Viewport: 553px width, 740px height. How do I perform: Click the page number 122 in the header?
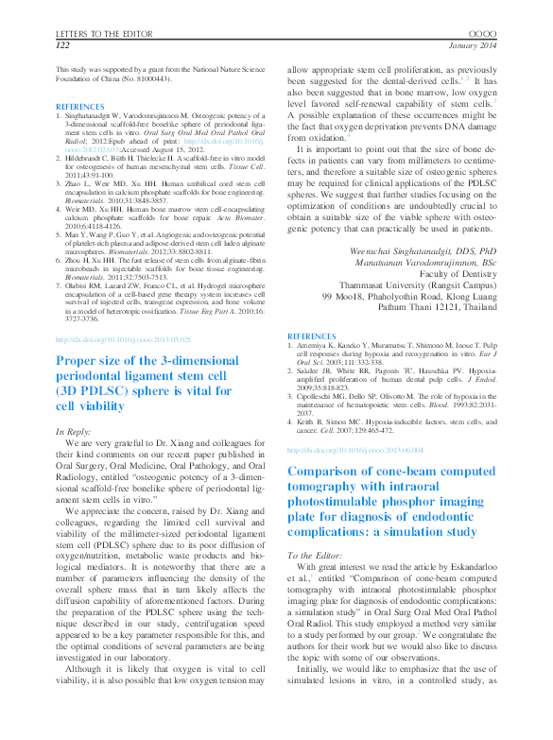click(x=63, y=44)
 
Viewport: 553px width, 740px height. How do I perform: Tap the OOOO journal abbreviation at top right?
click(x=482, y=32)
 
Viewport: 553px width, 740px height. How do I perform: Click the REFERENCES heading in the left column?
click(x=80, y=107)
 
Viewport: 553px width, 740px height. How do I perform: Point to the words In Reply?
click(x=81, y=431)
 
